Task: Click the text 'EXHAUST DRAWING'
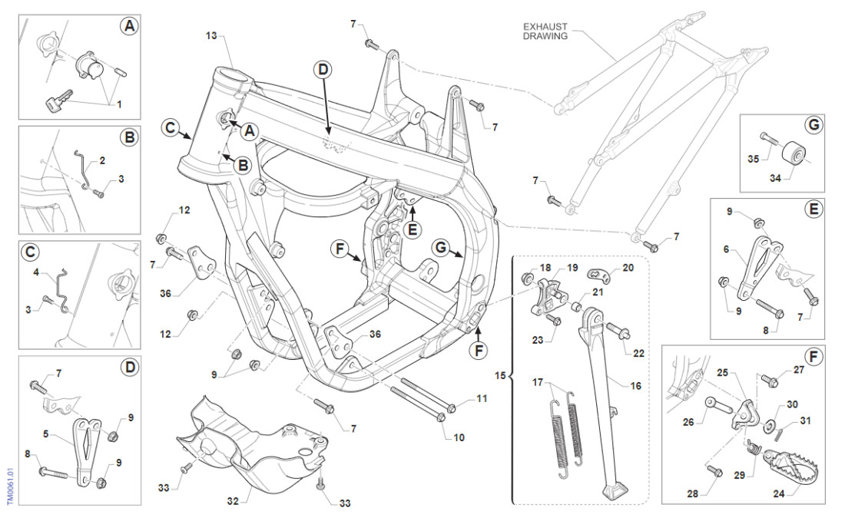tap(545, 31)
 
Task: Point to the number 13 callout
tap(213, 35)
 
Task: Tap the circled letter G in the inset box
tap(814, 124)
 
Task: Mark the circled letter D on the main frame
tap(323, 70)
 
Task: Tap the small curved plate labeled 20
tap(604, 272)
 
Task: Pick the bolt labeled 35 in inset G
tap(768, 138)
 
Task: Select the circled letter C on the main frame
tap(173, 128)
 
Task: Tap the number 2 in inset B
tap(101, 161)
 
